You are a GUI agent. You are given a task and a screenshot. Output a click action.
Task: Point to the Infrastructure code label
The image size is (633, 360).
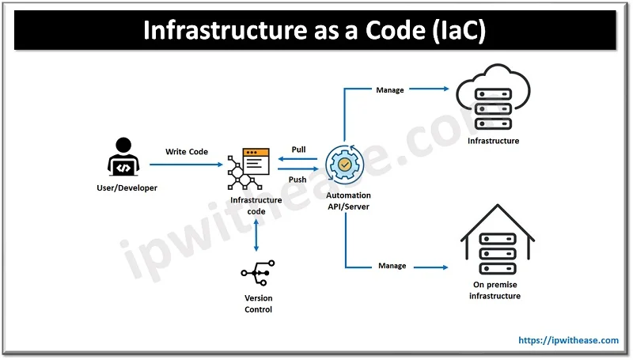tap(256, 206)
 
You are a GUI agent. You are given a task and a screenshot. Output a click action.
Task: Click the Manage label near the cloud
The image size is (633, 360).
tap(391, 90)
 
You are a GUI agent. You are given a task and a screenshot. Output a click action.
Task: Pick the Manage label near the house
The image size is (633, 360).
tap(392, 266)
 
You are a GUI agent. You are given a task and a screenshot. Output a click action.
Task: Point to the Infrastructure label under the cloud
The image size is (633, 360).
tap(493, 141)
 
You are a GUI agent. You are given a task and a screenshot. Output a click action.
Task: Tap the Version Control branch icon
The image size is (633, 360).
tap(256, 273)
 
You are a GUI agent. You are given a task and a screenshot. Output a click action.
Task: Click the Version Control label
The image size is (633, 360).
tap(258, 304)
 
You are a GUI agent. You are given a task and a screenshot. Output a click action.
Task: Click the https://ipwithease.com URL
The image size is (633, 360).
tap(568, 340)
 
